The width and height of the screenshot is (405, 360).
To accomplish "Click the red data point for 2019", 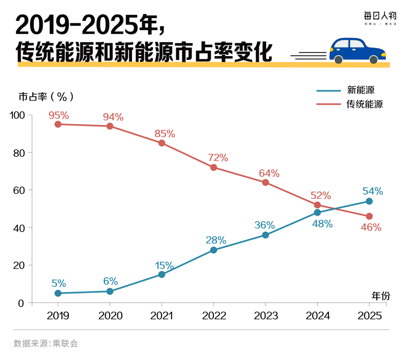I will [x=58, y=124].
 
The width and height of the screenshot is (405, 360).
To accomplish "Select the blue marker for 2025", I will [x=369, y=201].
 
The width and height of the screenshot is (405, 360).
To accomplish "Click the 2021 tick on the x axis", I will [x=162, y=316].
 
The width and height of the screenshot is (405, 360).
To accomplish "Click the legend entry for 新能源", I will [x=361, y=90].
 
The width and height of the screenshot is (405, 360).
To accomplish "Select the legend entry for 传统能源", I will [x=364, y=104].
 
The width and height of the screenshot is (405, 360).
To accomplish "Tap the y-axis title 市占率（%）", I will [x=46, y=97].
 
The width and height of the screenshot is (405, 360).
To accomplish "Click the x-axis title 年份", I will [x=381, y=296].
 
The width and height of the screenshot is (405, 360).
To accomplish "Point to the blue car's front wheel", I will [x=373, y=60].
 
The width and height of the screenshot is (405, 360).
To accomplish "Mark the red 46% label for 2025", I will [x=371, y=228].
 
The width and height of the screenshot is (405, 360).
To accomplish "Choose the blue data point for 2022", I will [x=213, y=250].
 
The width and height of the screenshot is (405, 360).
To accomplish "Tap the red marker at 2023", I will [x=265, y=183].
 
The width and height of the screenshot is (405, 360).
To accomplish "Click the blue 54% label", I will [x=373, y=191].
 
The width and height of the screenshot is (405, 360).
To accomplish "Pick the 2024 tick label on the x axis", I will [x=317, y=316].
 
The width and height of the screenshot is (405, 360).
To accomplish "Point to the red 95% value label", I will [x=59, y=115].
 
